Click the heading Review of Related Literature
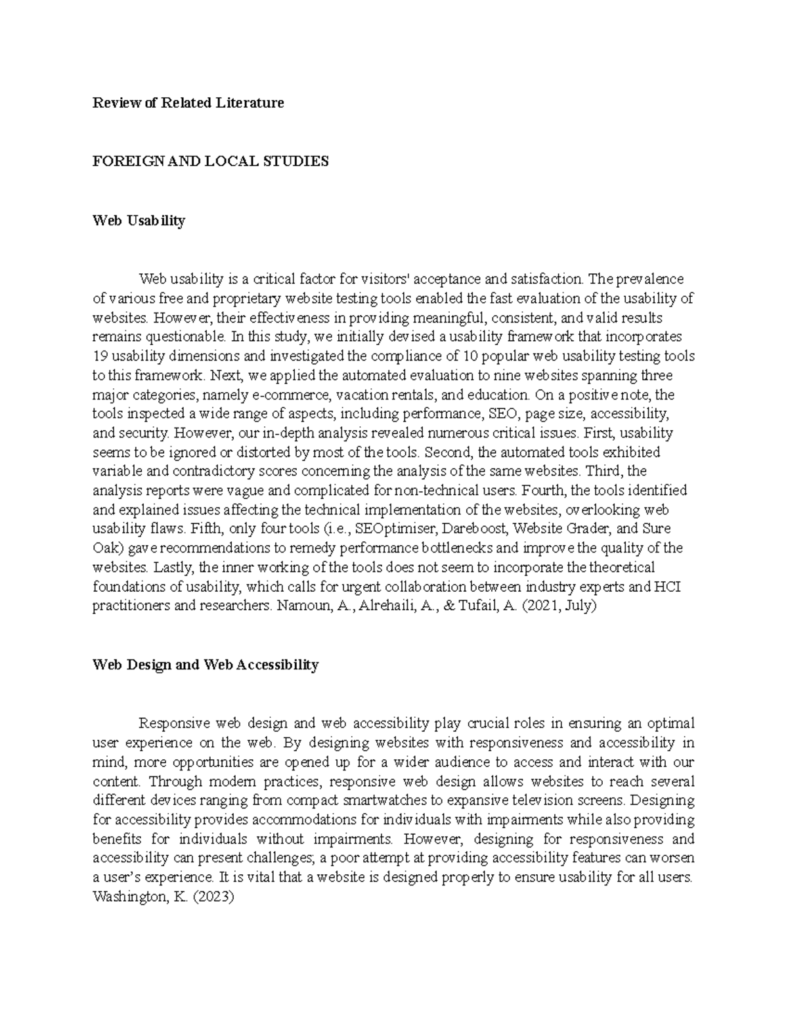(x=188, y=102)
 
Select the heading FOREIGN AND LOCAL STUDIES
(x=210, y=161)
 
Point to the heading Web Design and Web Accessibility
(x=206, y=665)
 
